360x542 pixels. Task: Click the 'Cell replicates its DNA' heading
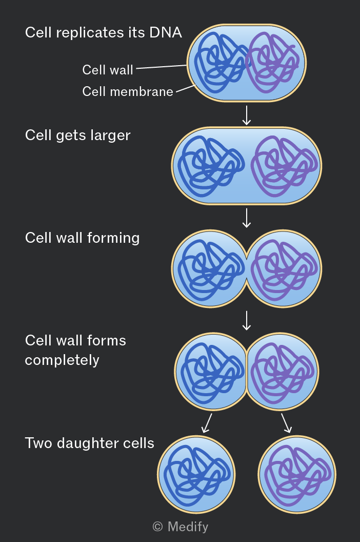103,32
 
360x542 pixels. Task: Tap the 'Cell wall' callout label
108,70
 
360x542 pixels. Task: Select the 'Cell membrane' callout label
128,91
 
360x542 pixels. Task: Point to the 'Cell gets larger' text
78,135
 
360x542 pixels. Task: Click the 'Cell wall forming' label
82,238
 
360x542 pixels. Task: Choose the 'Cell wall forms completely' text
75,350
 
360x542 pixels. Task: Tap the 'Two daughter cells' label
89,443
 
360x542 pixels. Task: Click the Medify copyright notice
181,527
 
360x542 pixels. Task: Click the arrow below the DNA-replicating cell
247,115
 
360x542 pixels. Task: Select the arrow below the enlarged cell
247,218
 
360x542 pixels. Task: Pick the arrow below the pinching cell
247,320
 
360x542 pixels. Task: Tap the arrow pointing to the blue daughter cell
207,423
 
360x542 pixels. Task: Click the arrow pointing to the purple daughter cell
287,423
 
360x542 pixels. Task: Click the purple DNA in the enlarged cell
284,166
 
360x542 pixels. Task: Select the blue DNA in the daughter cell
197,475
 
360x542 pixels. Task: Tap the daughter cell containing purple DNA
297,474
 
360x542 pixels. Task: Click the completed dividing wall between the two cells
246,372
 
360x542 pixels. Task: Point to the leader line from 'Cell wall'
162,67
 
